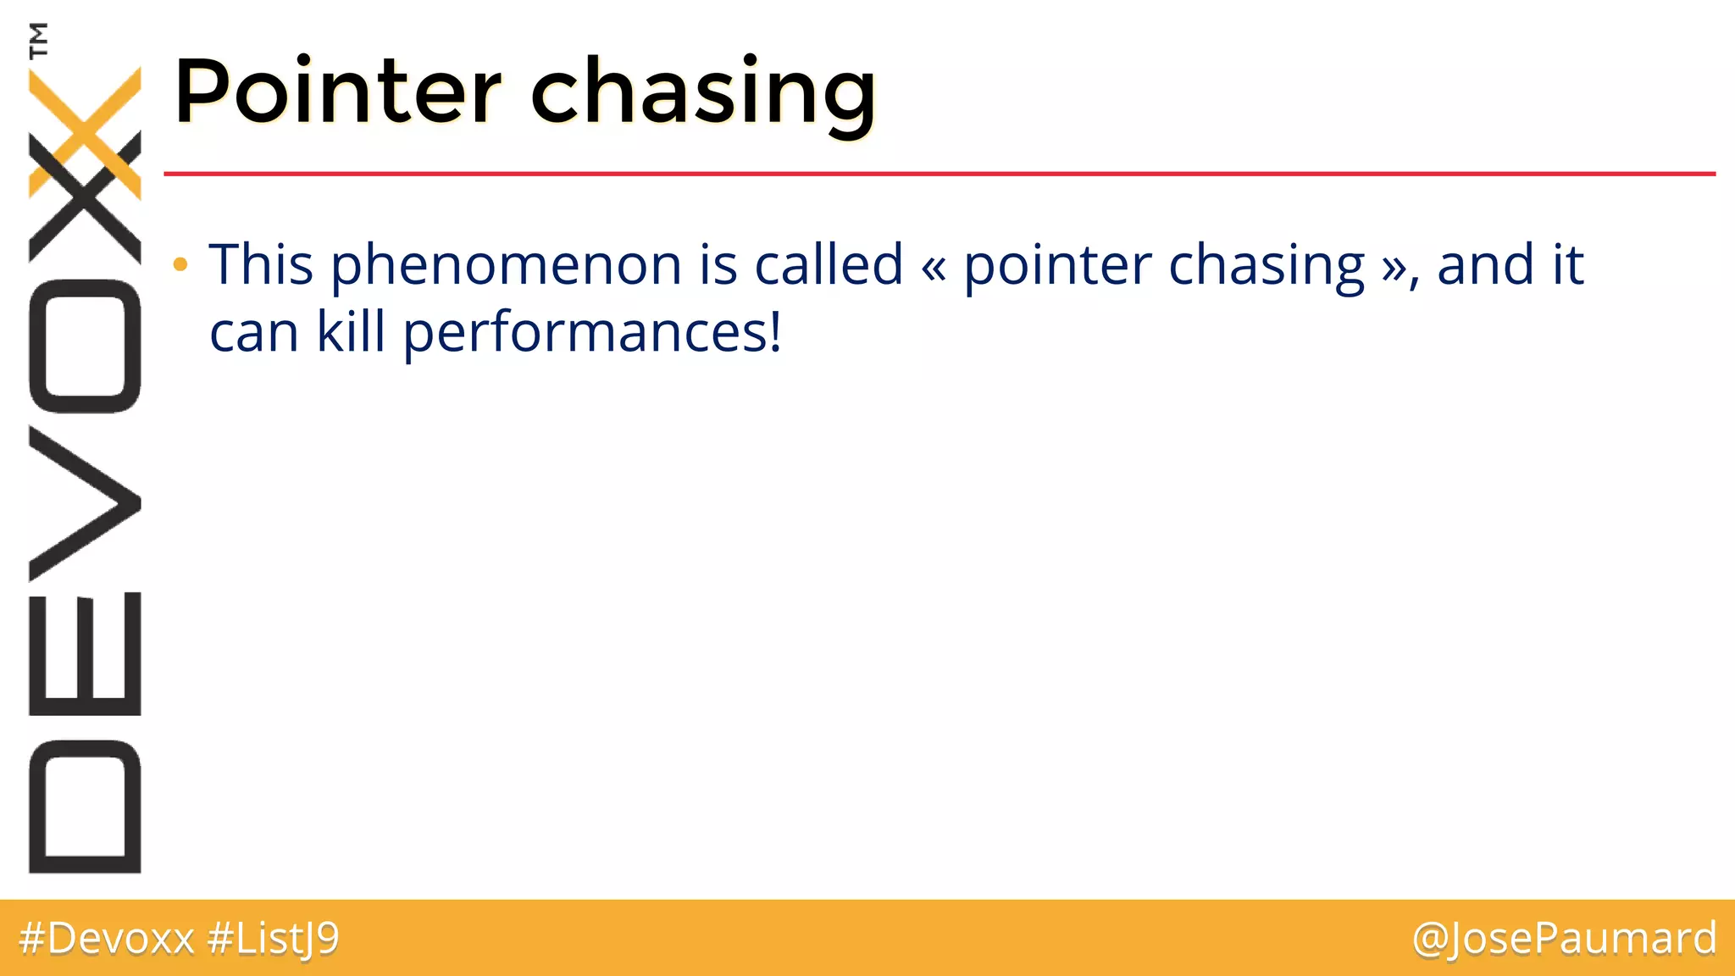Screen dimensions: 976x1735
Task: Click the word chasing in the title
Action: click(x=703, y=95)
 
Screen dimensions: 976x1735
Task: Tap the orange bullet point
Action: click(x=180, y=265)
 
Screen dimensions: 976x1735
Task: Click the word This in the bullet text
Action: click(x=261, y=264)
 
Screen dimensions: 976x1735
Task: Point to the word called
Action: click(x=829, y=264)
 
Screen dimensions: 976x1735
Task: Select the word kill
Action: click(x=351, y=332)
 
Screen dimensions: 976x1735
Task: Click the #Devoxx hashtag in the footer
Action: click(x=107, y=939)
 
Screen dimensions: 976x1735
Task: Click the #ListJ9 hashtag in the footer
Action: click(x=273, y=939)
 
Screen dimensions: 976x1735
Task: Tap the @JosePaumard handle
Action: click(x=1564, y=939)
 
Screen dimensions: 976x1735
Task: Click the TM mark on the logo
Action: click(x=38, y=40)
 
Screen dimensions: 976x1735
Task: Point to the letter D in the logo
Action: click(x=85, y=806)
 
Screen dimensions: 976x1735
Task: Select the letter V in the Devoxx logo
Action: click(x=85, y=503)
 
